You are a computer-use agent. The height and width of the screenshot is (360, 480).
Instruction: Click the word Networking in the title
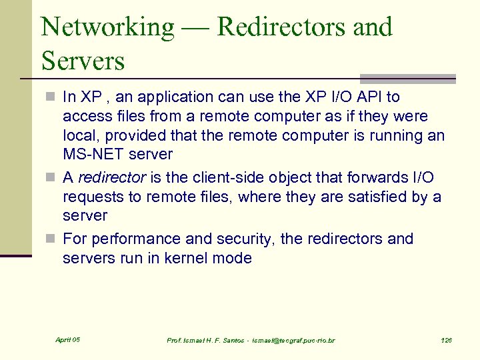coord(107,27)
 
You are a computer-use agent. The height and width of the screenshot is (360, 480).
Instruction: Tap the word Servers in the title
coord(83,61)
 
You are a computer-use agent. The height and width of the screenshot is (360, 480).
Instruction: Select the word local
coord(79,135)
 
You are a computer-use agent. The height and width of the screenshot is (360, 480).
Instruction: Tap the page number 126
coord(446,341)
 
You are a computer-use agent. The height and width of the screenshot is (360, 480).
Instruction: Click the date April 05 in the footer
coord(67,340)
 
